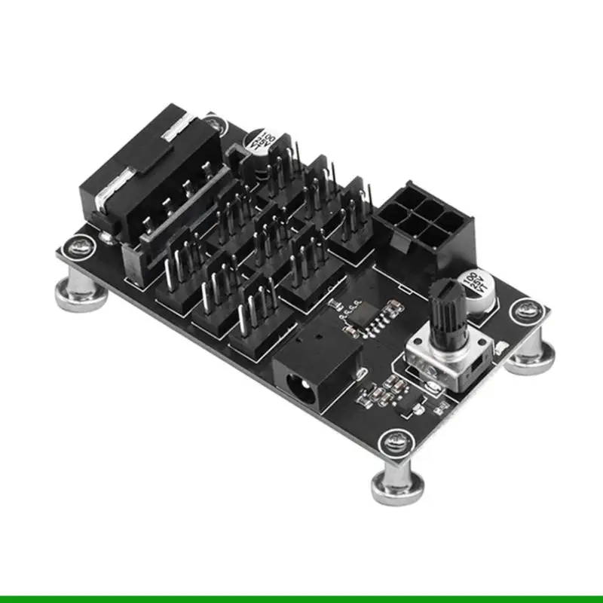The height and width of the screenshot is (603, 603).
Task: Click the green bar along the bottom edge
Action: pos(301,598)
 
